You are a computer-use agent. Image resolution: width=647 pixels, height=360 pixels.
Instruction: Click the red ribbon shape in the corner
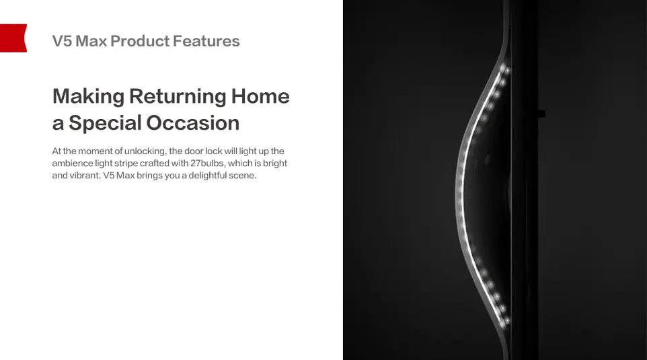13,38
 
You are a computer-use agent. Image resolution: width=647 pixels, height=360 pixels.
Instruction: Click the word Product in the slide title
140,41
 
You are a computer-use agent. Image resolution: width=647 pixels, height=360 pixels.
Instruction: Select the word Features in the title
206,41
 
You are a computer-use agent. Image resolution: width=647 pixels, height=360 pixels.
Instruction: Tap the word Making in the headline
88,97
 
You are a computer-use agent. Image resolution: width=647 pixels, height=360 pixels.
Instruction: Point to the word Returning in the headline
178,97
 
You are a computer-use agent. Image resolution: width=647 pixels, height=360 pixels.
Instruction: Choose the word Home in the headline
260,96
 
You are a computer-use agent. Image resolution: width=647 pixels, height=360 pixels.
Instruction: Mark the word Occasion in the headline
193,122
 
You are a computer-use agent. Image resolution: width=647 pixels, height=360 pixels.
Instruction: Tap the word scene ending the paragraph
245,176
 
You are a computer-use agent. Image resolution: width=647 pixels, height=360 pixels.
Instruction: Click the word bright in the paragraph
275,163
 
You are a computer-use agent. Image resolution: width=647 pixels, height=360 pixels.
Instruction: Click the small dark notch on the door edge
541,113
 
